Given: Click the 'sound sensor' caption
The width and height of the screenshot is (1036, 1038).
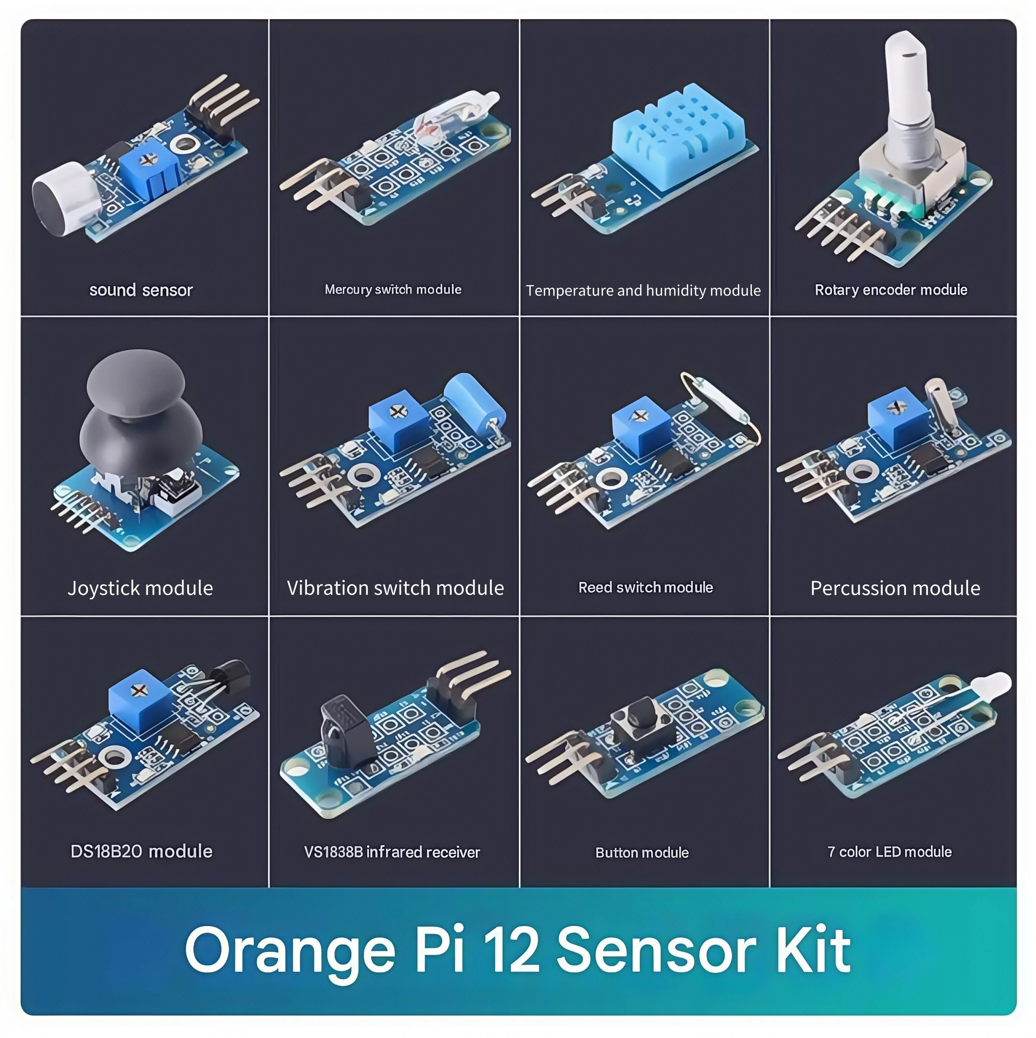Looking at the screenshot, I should (x=141, y=290).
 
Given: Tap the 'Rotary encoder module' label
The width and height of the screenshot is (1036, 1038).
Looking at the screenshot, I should (x=890, y=290).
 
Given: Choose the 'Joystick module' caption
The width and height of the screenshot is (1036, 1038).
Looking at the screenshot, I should (x=140, y=588).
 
